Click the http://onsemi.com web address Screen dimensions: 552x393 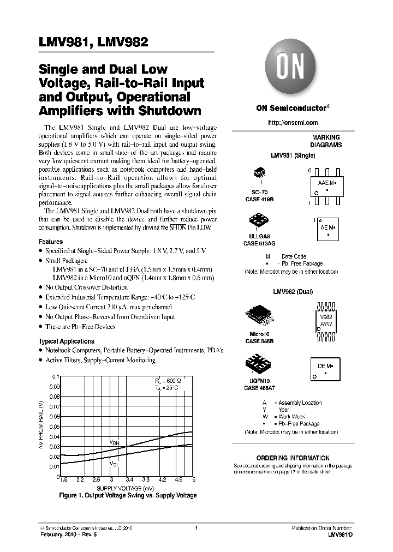(293, 123)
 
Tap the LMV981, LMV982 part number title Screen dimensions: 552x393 (93, 43)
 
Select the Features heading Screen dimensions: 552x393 (51, 242)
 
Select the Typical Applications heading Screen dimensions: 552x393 (66, 341)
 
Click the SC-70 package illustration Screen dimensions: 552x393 (259, 174)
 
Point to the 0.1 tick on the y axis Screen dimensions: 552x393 (55, 377)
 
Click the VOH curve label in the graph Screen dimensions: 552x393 (115, 442)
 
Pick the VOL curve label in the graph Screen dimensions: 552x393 (114, 464)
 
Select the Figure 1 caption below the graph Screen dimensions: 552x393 (127, 495)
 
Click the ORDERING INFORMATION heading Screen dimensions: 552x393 (293, 458)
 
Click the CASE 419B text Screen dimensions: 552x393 (259, 200)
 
